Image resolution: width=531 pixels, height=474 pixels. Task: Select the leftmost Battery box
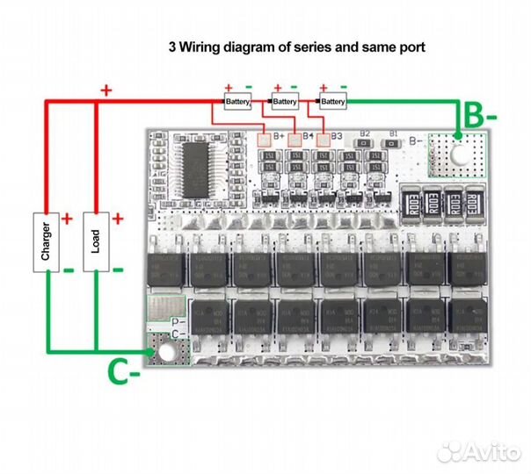pos(237,103)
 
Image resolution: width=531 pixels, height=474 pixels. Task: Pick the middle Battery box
pos(285,103)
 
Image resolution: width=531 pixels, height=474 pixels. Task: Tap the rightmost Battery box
pos(332,103)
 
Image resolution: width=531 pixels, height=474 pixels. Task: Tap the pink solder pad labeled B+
pos(264,138)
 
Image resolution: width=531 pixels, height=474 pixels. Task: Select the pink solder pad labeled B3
pos(326,138)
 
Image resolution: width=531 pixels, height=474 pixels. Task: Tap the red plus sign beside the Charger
pos(67,218)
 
